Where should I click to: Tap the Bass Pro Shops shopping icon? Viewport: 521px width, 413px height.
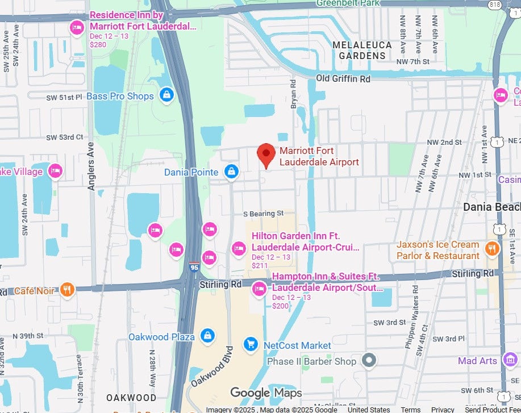[x=166, y=94]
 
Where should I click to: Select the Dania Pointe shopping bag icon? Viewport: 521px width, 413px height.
[x=231, y=172]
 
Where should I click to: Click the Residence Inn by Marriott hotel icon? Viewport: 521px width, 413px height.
[x=77, y=27]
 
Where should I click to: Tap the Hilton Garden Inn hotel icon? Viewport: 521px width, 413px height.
[x=239, y=248]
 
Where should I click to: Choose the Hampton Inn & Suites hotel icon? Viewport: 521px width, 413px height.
[x=260, y=289]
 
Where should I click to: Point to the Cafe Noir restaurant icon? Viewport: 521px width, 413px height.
[x=68, y=290]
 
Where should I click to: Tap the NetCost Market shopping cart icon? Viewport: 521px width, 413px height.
[x=251, y=344]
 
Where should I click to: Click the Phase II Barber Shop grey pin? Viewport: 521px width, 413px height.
[x=370, y=360]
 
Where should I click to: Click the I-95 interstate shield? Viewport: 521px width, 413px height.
[x=194, y=266]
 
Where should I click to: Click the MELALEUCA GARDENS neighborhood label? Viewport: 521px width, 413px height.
[x=362, y=50]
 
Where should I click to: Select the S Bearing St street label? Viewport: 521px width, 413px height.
[x=263, y=214]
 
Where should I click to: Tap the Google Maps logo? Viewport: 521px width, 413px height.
[x=266, y=393]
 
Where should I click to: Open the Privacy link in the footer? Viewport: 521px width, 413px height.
[x=443, y=410]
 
